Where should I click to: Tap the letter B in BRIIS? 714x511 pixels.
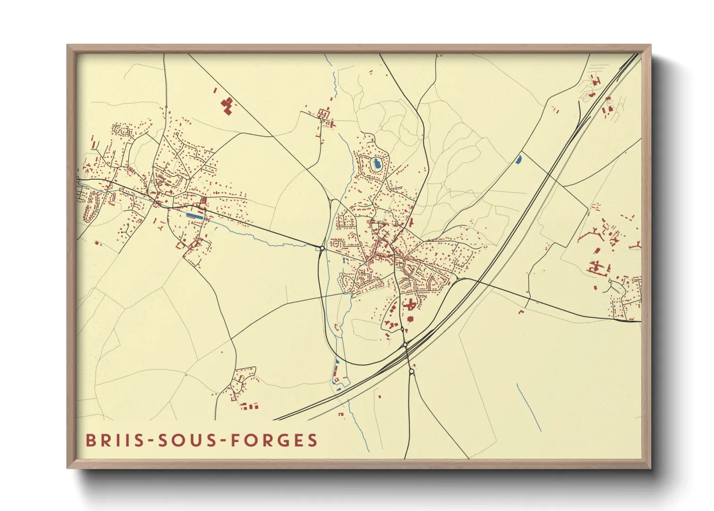pos(90,440)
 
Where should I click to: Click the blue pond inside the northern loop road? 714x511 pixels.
pos(376,164)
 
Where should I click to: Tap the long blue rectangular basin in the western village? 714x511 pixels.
pos(194,215)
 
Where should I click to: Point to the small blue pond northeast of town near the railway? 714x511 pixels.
pos(519,159)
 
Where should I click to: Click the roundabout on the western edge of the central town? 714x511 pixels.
pos(322,248)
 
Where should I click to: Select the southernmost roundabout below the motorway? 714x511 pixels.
pos(411,371)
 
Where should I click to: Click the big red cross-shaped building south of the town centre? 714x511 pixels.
pos(411,305)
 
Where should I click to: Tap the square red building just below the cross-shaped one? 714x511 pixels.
pos(411,319)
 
